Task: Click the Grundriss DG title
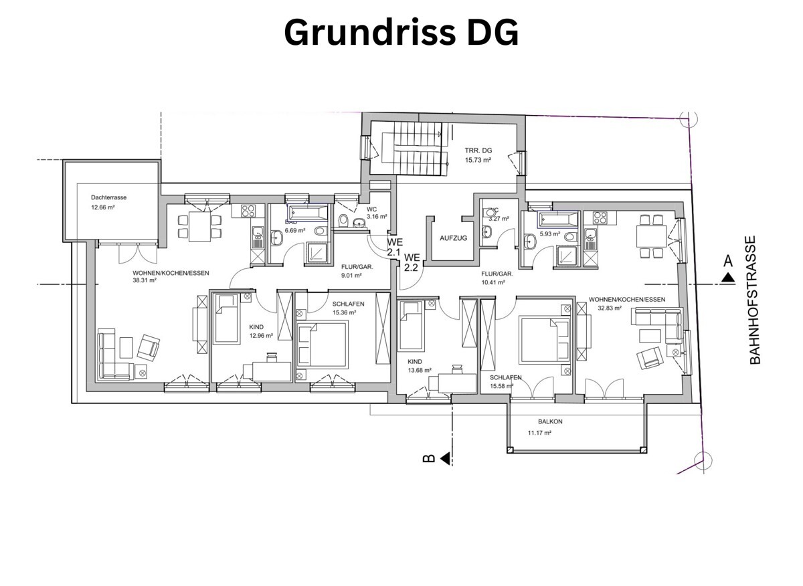coord(401,32)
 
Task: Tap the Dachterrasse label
coord(108,197)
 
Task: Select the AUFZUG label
coord(453,238)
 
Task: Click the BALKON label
coord(550,421)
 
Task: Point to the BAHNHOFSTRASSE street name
coord(755,300)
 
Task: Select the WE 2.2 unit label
coord(411,262)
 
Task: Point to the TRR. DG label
coord(478,151)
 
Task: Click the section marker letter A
coord(728,262)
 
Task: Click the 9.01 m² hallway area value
coord(351,275)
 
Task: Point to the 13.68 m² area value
coord(420,370)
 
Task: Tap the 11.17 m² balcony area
coord(539,433)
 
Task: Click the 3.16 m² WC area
coord(377,217)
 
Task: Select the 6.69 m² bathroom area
coord(294,230)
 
